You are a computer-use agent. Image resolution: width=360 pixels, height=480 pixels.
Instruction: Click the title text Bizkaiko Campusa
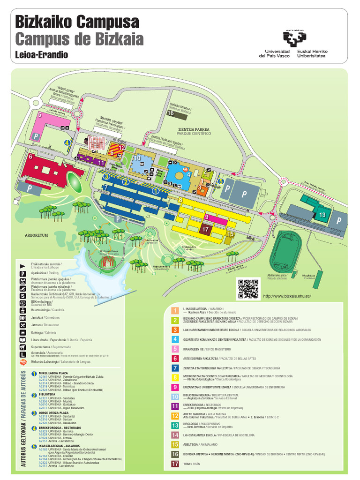(77, 22)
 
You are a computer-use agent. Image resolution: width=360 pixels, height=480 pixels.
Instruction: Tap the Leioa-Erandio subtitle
(42, 55)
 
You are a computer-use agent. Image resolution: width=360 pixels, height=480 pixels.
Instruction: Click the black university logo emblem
(295, 38)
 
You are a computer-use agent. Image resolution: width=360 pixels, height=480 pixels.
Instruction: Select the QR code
(248, 288)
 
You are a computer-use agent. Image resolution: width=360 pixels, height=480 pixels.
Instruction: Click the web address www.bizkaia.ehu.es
(287, 296)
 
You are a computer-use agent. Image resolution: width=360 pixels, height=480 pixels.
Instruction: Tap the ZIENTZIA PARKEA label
(194, 129)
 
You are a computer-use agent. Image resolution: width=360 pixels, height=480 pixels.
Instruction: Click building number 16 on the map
(171, 112)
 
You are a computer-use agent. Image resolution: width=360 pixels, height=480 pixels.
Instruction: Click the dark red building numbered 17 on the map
(206, 229)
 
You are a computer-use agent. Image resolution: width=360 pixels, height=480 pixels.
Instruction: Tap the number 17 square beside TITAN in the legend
(175, 465)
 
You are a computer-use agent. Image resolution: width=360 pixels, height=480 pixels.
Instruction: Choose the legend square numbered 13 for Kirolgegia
(175, 425)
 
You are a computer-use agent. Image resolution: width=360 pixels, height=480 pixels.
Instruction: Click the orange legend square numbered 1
(175, 310)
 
